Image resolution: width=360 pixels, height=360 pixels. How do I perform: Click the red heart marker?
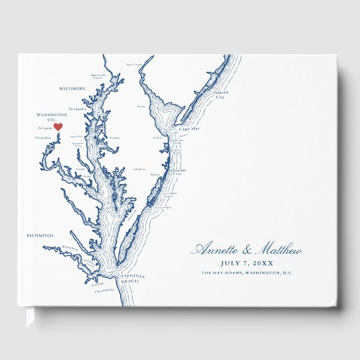click(58, 127)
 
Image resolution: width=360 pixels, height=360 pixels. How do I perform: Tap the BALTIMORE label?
click(73, 88)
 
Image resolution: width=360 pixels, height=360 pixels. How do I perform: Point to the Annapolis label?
click(77, 109)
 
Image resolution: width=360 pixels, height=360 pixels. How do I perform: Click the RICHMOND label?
click(40, 235)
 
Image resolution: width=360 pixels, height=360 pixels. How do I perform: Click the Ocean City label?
click(177, 172)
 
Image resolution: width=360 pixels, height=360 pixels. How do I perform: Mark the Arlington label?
click(45, 128)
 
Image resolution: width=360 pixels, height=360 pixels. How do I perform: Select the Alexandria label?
click(43, 137)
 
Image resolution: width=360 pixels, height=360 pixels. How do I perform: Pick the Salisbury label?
click(139, 169)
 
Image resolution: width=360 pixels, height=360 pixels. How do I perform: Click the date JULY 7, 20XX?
click(247, 263)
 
